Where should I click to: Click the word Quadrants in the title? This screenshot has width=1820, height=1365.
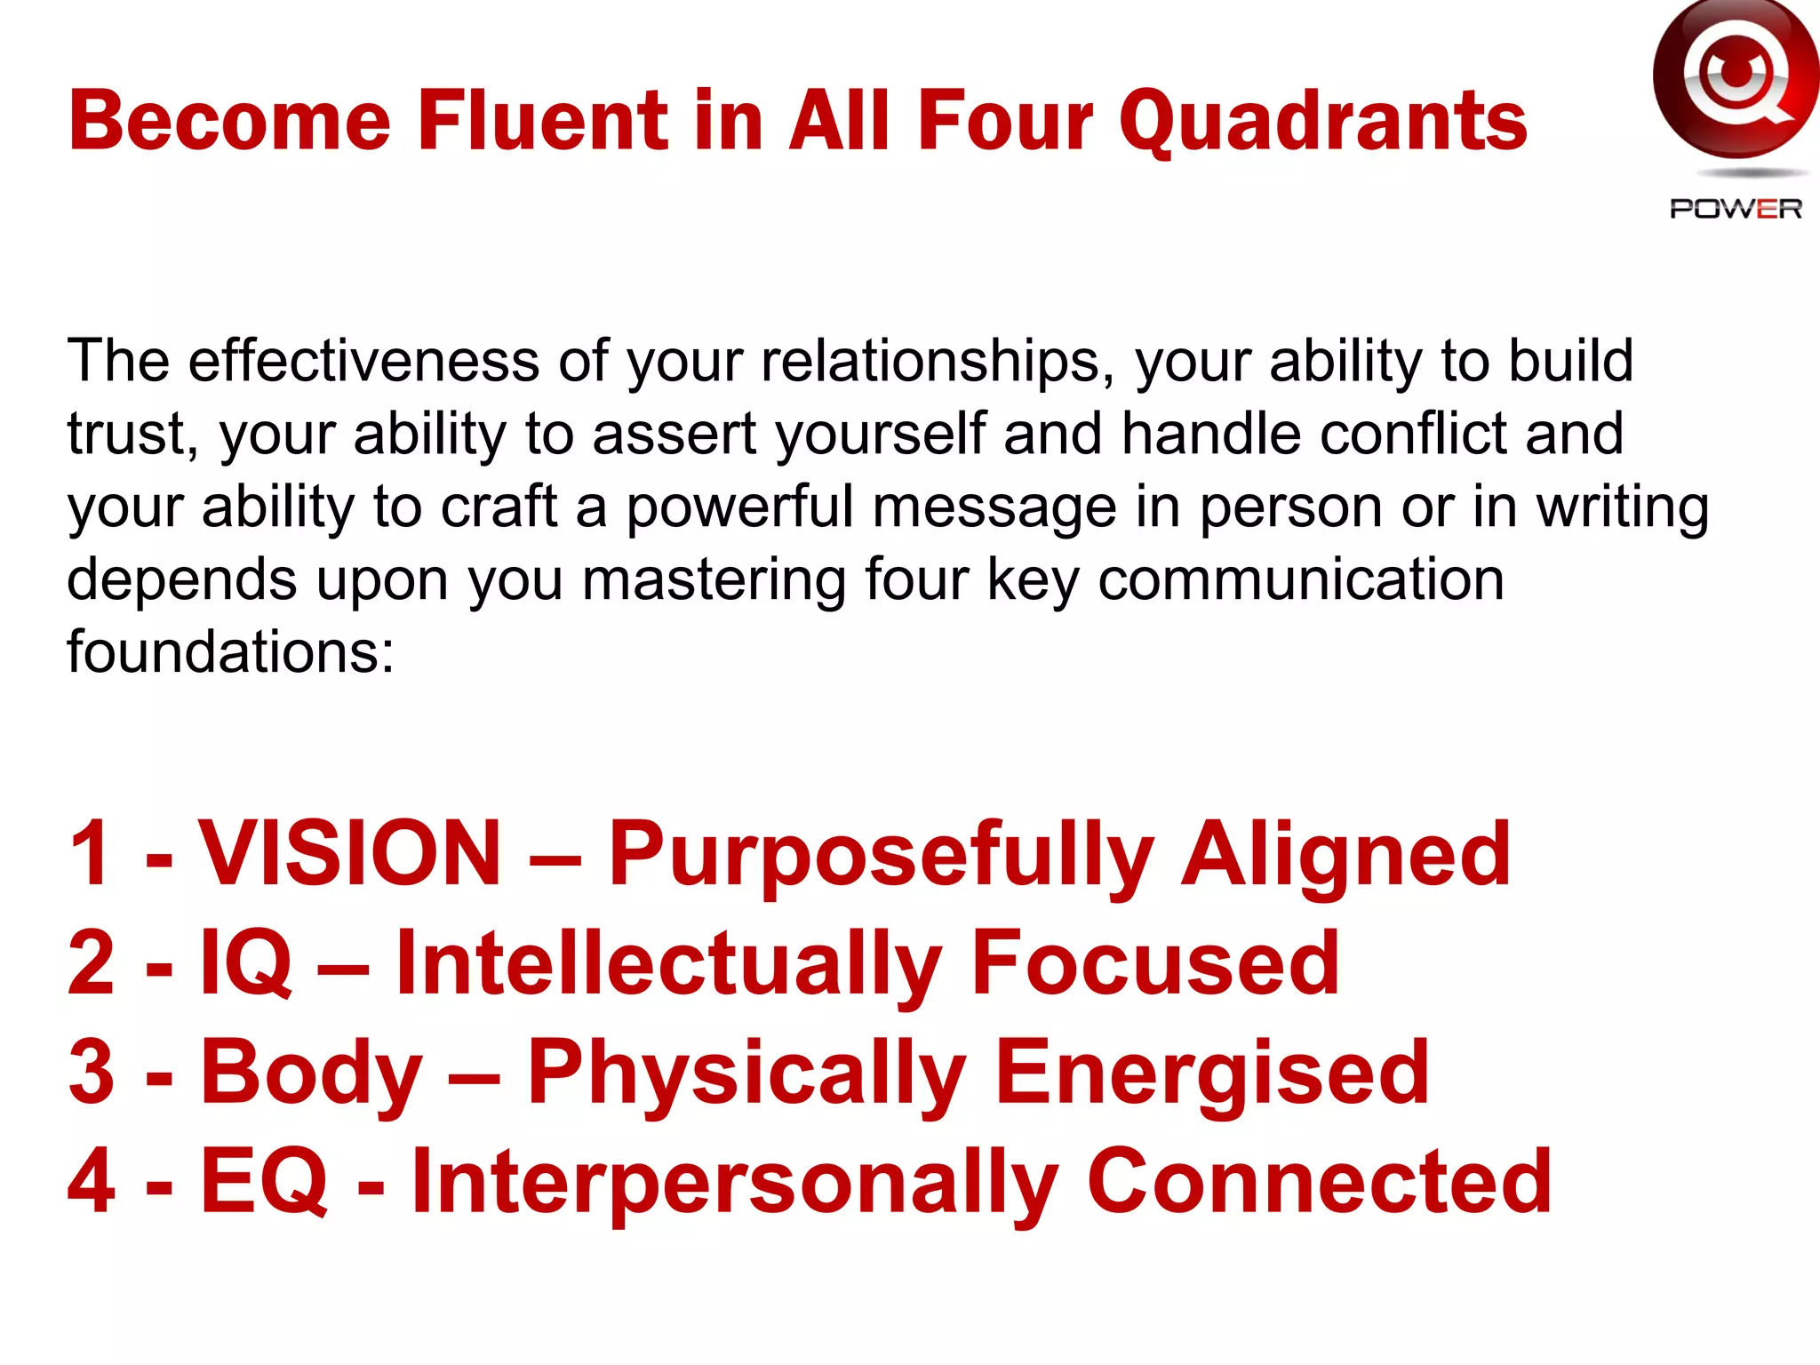point(1322,122)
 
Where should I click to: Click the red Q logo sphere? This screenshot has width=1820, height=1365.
point(1735,80)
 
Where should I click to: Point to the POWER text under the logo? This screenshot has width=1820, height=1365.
point(1735,209)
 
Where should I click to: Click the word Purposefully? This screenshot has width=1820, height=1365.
point(880,855)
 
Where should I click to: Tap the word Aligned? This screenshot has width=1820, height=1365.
point(1345,855)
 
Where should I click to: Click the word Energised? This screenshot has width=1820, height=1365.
point(1212,1074)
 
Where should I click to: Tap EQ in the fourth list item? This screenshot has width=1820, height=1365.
point(264,1181)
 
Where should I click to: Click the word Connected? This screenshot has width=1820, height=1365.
point(1319,1181)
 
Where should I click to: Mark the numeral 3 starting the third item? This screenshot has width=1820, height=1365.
point(92,1074)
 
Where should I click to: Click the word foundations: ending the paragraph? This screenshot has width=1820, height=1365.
point(230,651)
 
